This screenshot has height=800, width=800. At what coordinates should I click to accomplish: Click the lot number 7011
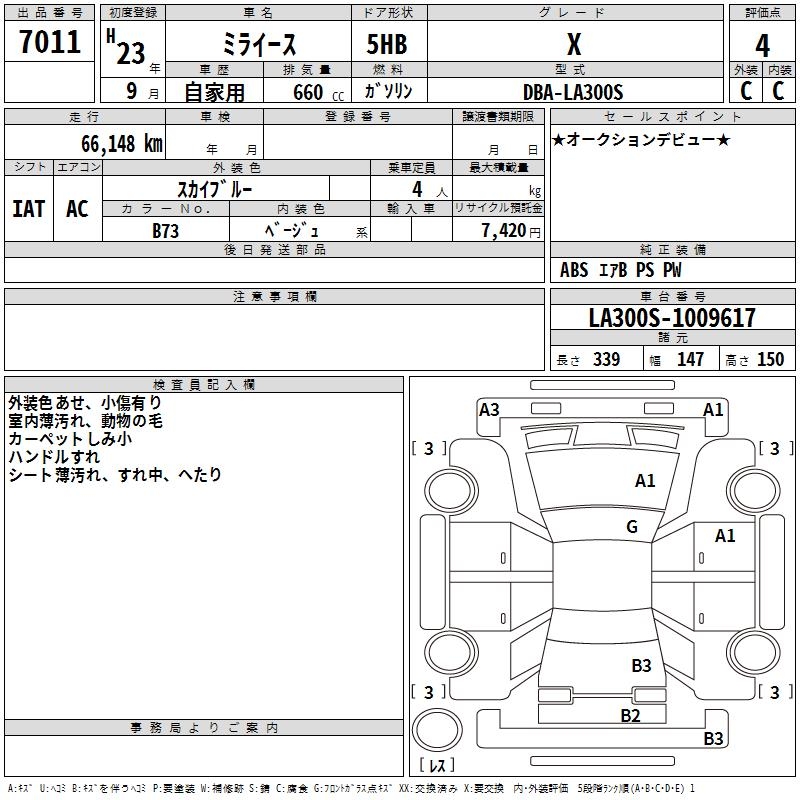[x=50, y=42]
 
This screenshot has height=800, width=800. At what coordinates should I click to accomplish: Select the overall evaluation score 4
[x=762, y=45]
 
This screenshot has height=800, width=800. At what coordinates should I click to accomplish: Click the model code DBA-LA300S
[x=573, y=92]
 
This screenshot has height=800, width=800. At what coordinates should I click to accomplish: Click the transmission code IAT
[x=28, y=209]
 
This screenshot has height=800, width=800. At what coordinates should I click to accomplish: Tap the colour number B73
[x=166, y=230]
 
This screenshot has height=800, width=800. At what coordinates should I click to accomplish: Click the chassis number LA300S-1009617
[x=672, y=318]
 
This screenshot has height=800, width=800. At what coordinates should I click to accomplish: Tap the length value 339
[x=606, y=360]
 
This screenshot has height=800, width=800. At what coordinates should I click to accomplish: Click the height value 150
[x=770, y=360]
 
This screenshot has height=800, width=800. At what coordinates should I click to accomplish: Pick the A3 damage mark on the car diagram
[x=489, y=409]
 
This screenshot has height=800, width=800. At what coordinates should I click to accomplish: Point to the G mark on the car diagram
[x=632, y=527]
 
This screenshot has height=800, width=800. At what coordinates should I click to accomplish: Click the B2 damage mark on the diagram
[x=630, y=714]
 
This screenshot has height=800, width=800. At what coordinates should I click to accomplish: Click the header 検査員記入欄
[x=204, y=384]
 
